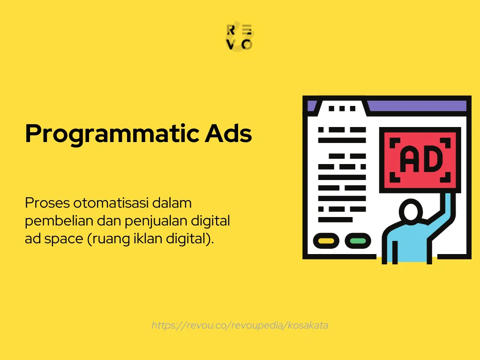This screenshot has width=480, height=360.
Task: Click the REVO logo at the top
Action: pyautogui.click(x=240, y=37)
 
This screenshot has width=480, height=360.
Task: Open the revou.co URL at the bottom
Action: pyautogui.click(x=240, y=325)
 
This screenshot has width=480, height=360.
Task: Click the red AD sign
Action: pyautogui.click(x=420, y=159)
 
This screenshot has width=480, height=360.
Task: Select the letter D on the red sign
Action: pyautogui.click(x=432, y=159)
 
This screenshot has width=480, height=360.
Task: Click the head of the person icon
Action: pyautogui.click(x=411, y=211)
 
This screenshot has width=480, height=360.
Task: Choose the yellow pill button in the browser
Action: pyautogui.click(x=326, y=241)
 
